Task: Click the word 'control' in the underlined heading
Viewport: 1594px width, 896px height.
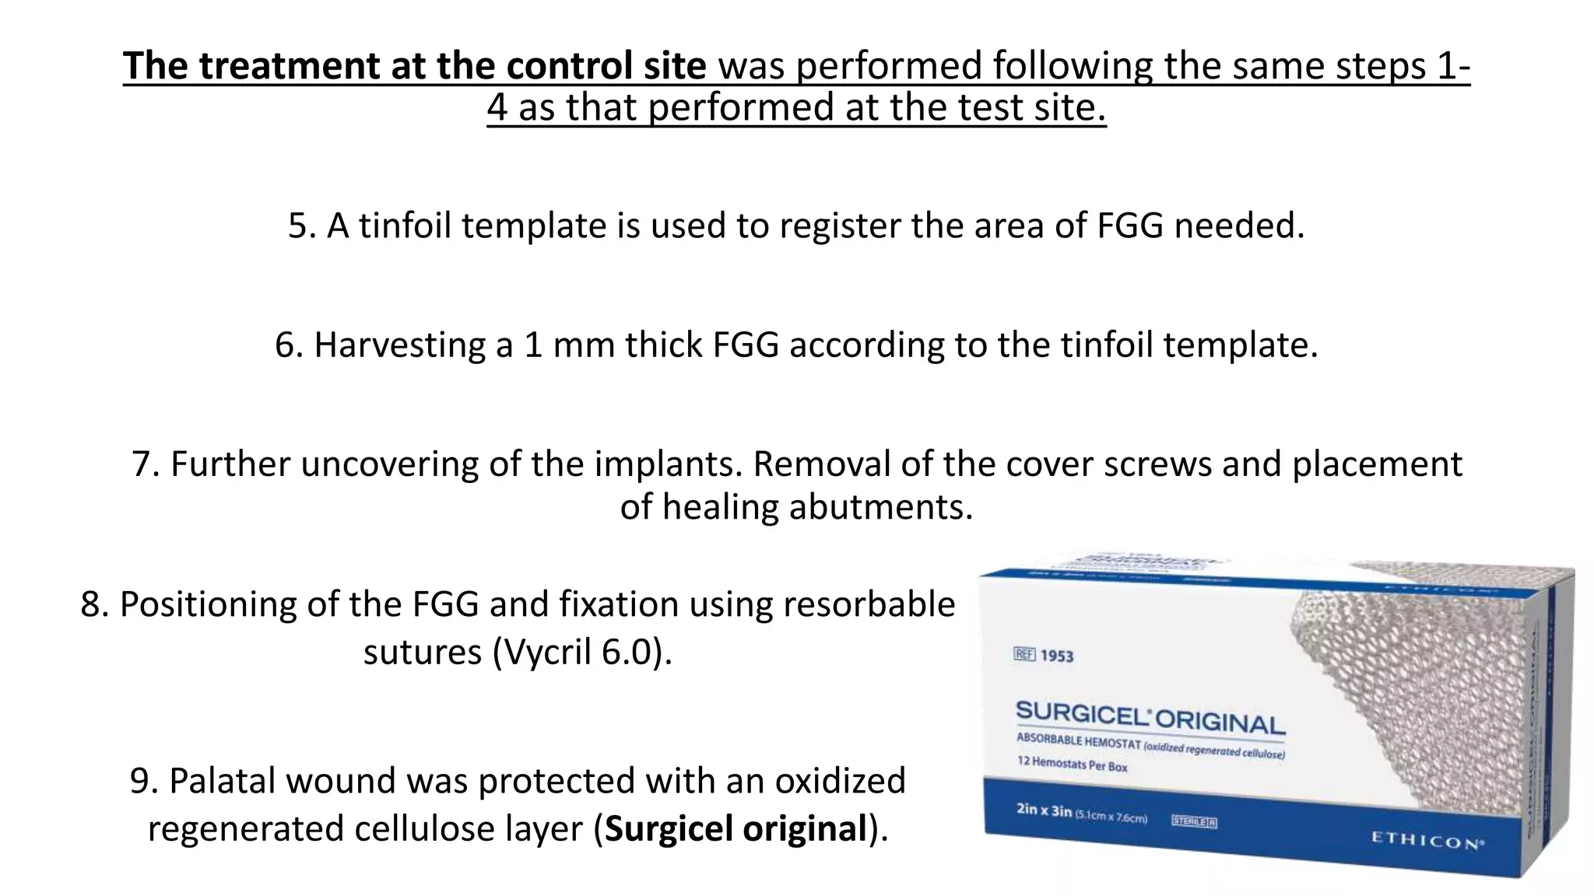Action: pyautogui.click(x=568, y=65)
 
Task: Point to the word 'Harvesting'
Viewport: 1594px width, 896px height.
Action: pyautogui.click(x=401, y=345)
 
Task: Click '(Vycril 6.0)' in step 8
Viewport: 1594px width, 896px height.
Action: pyautogui.click(x=582, y=652)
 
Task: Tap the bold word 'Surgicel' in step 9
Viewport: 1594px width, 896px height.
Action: pyautogui.click(x=669, y=828)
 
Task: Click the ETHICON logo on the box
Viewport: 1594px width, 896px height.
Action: pyautogui.click(x=1426, y=841)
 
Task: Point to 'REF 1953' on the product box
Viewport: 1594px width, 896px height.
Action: pyautogui.click(x=1044, y=655)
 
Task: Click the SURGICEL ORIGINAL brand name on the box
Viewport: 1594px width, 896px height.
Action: pyautogui.click(x=1150, y=716)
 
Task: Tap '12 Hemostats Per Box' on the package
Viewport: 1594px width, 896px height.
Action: pyautogui.click(x=1072, y=763)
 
